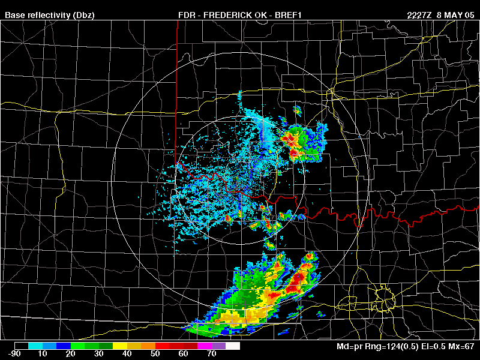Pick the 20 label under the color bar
[x=70, y=355]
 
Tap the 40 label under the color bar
[x=127, y=355]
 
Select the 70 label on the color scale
[x=212, y=355]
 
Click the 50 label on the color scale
[x=155, y=355]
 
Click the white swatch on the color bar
[x=233, y=346]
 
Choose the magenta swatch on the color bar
[x=205, y=346]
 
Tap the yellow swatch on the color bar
[x=120, y=346]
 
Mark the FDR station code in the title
[x=187, y=15]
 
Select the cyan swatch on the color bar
[x=36, y=346]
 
